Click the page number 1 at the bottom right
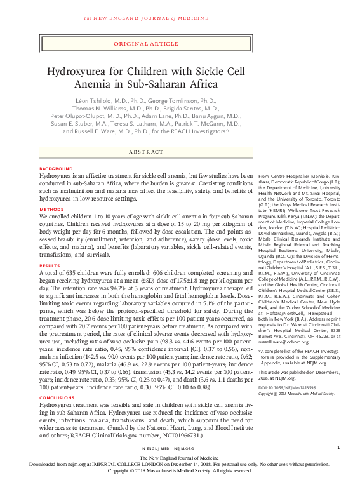[x=338, y=448]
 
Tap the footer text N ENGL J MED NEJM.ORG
[x=179, y=448]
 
